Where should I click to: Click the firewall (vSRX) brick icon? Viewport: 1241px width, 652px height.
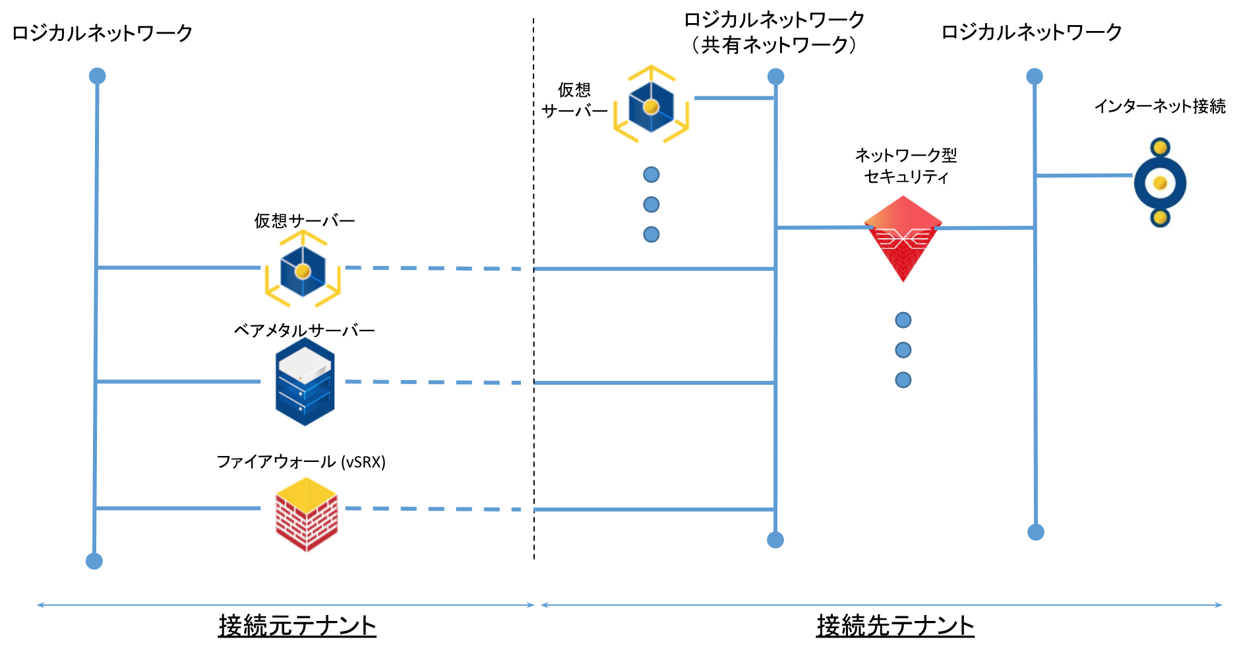(x=306, y=514)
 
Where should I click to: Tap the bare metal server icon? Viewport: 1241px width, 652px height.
(x=305, y=381)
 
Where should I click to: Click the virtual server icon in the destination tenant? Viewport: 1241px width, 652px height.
(x=651, y=106)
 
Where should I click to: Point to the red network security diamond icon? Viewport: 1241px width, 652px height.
(x=903, y=238)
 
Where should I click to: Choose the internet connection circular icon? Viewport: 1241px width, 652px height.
(x=1160, y=183)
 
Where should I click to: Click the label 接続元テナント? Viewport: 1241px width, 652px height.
(x=297, y=625)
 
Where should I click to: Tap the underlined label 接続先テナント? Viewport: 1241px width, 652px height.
(x=895, y=625)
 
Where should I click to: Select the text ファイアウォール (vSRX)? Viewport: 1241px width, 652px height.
(x=301, y=461)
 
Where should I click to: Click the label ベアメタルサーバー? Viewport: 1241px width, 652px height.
(x=304, y=330)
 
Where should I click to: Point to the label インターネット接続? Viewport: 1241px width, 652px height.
(x=1159, y=106)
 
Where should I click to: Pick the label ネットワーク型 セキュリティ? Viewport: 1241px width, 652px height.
(x=905, y=166)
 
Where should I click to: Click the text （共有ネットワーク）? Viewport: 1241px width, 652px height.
(x=773, y=45)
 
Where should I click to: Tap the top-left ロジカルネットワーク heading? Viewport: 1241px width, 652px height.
(x=102, y=33)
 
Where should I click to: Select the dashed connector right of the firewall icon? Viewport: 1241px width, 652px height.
(x=433, y=509)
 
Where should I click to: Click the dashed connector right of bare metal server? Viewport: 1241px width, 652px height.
(x=433, y=382)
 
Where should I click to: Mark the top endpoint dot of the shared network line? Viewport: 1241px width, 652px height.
(x=775, y=77)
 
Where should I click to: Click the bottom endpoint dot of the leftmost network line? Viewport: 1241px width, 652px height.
(x=94, y=561)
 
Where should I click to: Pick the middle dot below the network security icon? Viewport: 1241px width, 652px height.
(x=903, y=350)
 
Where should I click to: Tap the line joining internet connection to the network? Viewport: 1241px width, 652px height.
(x=1084, y=176)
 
